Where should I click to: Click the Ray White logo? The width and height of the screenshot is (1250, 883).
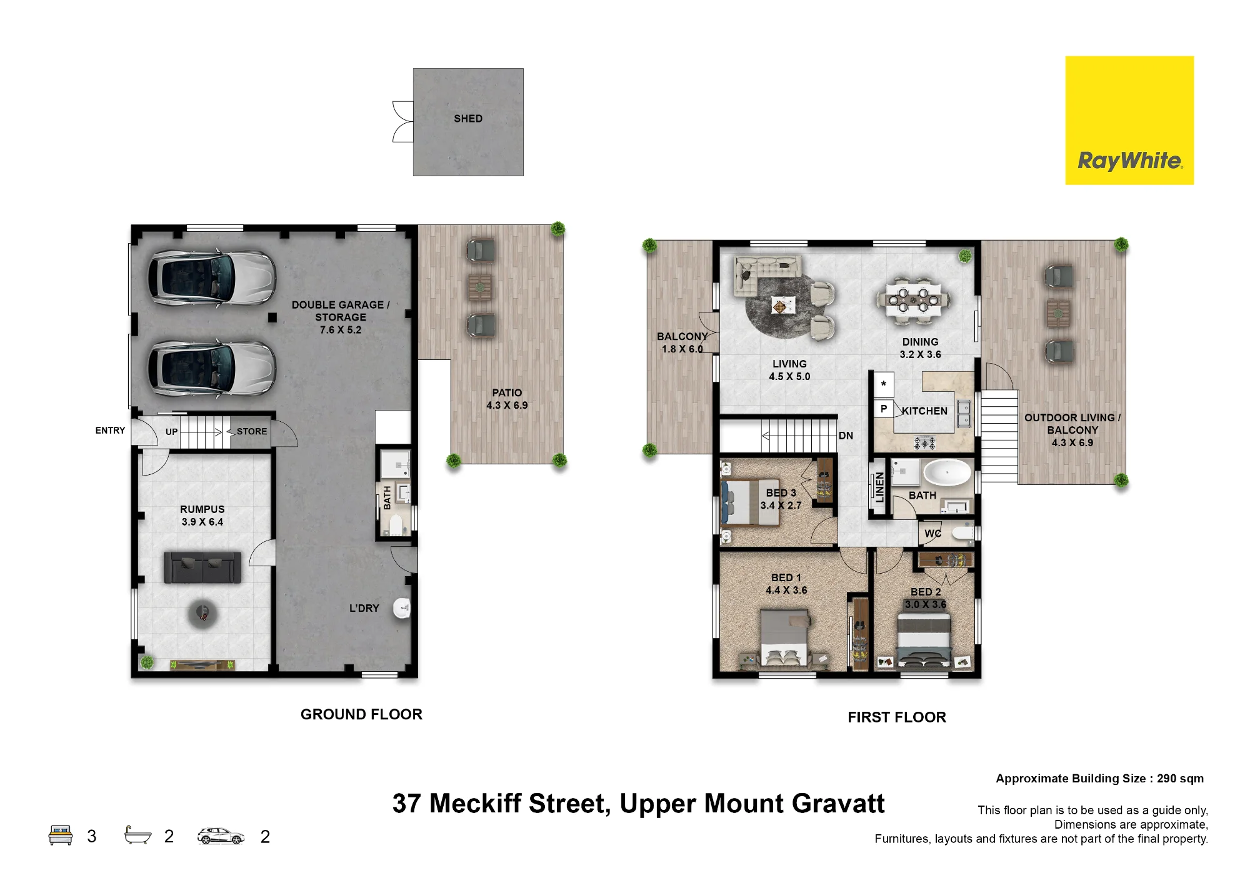point(1129,121)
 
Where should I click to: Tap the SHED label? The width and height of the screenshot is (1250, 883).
point(468,119)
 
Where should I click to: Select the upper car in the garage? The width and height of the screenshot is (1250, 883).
point(212,279)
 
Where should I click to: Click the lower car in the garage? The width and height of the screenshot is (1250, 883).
point(212,368)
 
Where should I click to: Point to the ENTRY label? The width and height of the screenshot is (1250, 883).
point(110,431)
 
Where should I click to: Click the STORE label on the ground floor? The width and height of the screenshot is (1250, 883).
point(252,432)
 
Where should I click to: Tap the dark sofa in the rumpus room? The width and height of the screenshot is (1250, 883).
point(202,567)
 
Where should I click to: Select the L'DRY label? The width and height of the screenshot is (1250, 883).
point(364,608)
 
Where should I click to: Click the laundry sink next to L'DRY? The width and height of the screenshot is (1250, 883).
point(402,608)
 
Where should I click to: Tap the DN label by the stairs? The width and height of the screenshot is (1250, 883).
point(846,436)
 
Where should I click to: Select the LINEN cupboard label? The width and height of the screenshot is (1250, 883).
point(879,487)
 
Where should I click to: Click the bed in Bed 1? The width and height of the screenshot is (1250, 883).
point(786,639)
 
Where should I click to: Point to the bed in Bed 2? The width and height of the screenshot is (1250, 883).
point(924,640)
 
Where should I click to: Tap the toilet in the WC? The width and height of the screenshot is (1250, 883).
point(962,533)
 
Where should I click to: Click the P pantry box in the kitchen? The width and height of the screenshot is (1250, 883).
point(884,409)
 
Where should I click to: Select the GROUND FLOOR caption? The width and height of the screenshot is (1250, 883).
point(361,714)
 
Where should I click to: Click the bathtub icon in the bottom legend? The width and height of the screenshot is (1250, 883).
point(137,836)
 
